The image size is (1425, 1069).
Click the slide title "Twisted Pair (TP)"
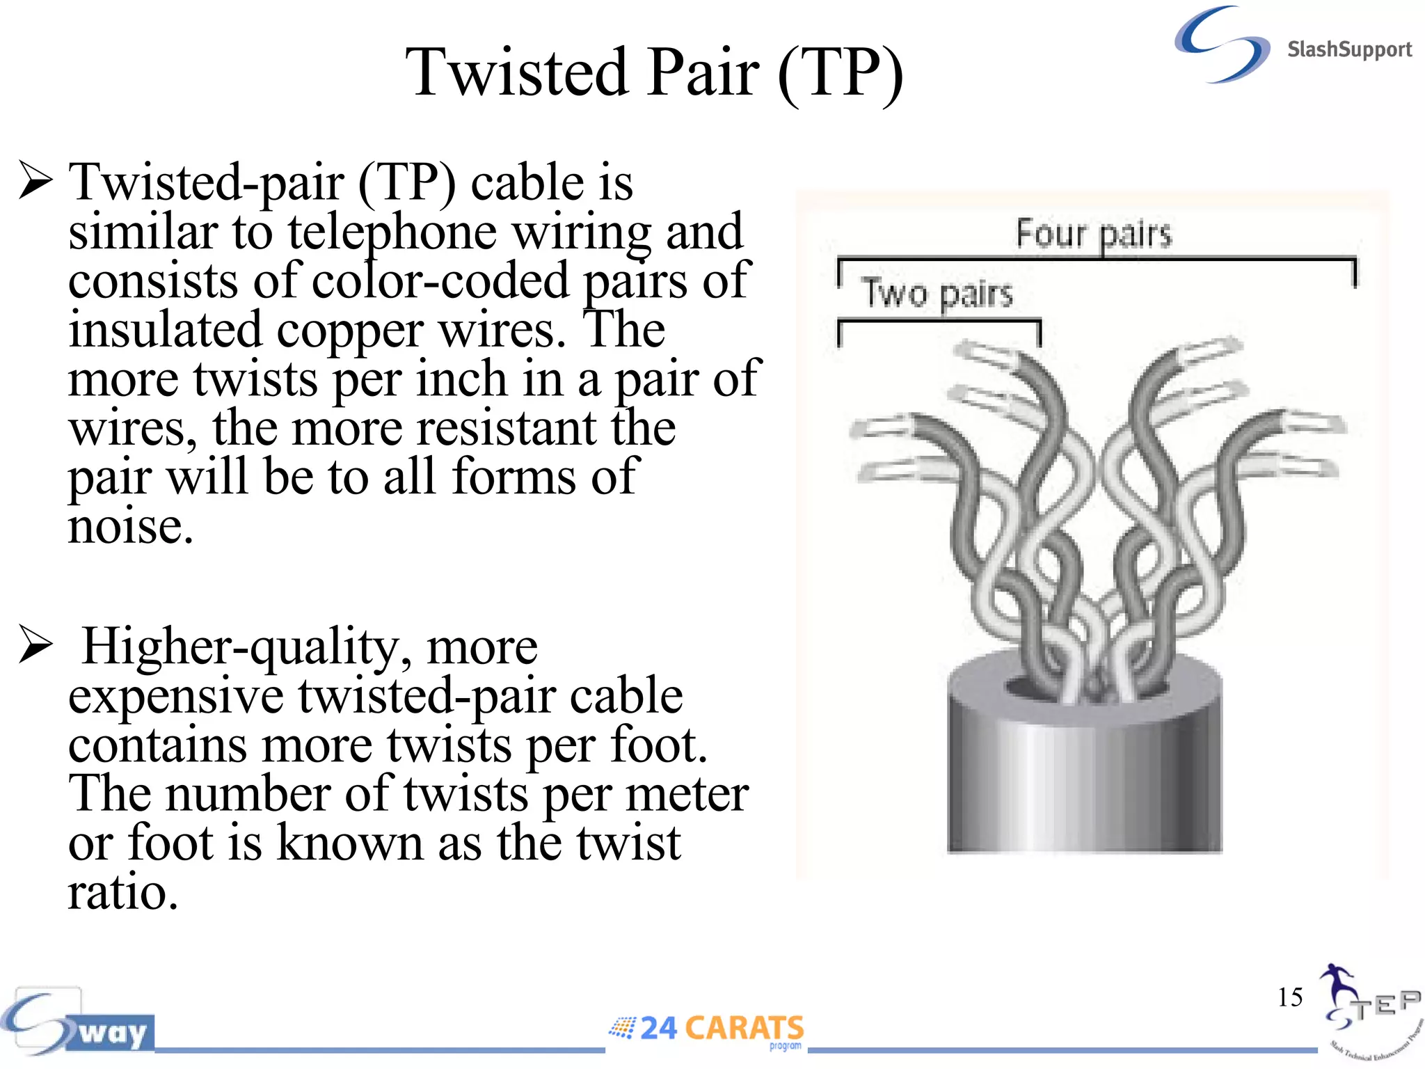[x=654, y=72]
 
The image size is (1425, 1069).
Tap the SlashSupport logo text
[x=1348, y=49]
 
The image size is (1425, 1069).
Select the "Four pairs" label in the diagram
[x=1094, y=234]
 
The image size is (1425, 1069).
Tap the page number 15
[x=1289, y=997]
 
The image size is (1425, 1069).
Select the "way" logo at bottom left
[x=111, y=1032]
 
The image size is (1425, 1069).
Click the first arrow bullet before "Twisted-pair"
[x=35, y=180]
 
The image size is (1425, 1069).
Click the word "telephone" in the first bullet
[x=392, y=232]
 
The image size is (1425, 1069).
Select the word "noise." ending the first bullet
[x=130, y=526]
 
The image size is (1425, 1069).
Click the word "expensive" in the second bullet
[x=176, y=696]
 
